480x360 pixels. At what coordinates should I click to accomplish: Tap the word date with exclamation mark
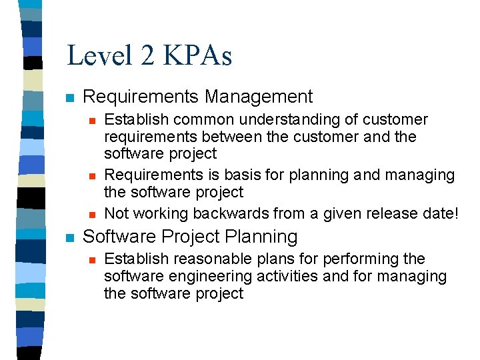click(x=439, y=213)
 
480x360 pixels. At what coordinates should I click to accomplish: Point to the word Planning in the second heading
click(x=265, y=237)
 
